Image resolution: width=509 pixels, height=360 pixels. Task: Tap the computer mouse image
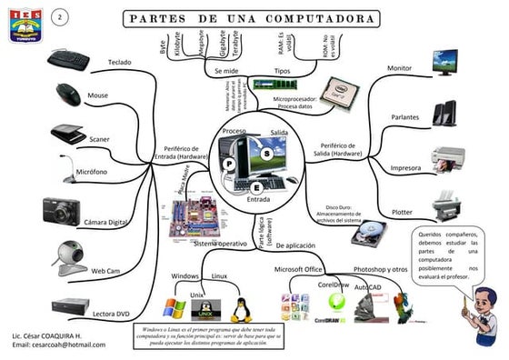coord(67,92)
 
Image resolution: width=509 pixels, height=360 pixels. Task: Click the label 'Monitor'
coord(399,69)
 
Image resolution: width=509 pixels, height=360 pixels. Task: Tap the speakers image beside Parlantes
coord(446,112)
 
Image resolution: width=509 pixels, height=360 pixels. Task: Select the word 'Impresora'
coord(404,168)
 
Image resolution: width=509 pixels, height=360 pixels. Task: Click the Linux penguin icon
coord(243,307)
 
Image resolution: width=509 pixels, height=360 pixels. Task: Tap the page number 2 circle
coord(60,19)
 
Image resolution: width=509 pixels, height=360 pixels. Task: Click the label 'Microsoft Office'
coord(299,269)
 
